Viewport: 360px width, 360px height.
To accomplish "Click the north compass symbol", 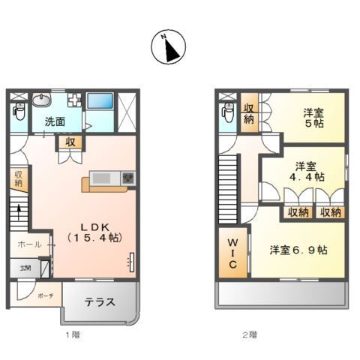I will (170, 48).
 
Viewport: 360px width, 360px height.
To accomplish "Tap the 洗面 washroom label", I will (53, 121).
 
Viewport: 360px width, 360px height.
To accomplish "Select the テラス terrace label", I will (99, 303).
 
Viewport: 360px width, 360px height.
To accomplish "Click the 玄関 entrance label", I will (25, 268).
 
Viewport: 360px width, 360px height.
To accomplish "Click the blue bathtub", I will (99, 101).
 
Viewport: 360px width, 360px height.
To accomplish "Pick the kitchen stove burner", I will (127, 178).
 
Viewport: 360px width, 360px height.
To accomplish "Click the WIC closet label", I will (232, 255).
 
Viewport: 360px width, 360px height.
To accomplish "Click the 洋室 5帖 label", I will (313, 118).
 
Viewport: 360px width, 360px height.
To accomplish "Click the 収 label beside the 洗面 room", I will (69, 142).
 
